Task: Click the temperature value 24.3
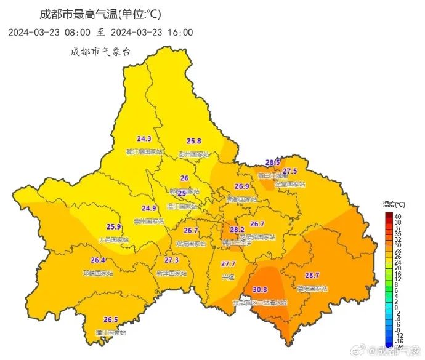click(144, 139)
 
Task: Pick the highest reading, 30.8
click(260, 289)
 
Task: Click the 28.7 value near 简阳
click(312, 275)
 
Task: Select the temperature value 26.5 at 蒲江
click(110, 319)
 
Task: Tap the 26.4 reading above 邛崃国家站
click(98, 260)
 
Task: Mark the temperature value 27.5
click(289, 171)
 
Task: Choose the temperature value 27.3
click(171, 260)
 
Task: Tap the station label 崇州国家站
click(149, 221)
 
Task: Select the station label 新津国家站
click(172, 272)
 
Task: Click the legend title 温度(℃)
click(394, 204)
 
